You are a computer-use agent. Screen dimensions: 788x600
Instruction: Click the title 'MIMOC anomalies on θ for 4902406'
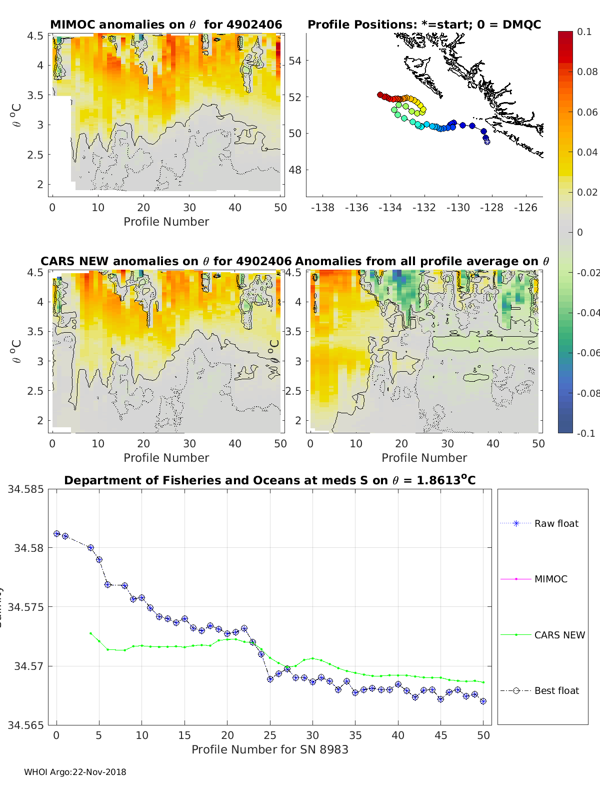[166, 25]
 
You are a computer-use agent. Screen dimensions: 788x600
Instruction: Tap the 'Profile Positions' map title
[424, 25]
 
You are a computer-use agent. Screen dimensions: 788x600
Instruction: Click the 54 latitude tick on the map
[295, 61]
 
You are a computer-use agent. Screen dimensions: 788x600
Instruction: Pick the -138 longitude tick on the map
[322, 207]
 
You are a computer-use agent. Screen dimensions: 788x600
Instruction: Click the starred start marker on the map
[487, 142]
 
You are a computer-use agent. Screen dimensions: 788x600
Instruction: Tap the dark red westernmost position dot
[380, 95]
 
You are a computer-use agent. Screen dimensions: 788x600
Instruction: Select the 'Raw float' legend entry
[556, 523]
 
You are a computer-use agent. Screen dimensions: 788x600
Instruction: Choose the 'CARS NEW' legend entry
[559, 635]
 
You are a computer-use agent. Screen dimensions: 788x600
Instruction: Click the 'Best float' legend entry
[556, 690]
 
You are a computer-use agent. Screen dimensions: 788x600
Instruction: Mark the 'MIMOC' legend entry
[550, 579]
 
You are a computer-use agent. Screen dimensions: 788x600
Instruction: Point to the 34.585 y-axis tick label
[25, 489]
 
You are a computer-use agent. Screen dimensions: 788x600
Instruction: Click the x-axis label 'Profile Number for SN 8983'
[269, 749]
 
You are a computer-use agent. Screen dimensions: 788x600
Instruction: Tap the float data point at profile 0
[56, 534]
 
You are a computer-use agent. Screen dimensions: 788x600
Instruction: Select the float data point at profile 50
[483, 701]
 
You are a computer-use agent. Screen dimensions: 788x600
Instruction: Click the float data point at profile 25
[270, 679]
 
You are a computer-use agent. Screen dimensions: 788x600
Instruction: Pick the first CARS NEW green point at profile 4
[90, 633]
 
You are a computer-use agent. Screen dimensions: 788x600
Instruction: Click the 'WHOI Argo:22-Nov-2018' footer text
[75, 772]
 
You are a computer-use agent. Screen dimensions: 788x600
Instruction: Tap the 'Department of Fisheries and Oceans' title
[269, 480]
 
